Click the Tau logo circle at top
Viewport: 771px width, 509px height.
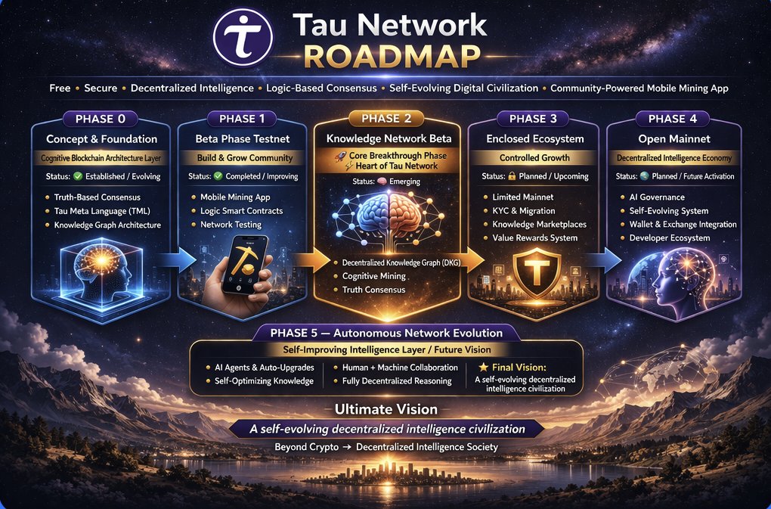point(243,37)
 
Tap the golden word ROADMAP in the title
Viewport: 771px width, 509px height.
point(392,57)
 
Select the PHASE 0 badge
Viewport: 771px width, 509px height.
point(101,119)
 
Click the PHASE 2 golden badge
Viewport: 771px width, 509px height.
point(386,118)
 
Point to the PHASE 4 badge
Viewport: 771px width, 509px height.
point(673,119)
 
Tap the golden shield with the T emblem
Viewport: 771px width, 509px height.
point(537,272)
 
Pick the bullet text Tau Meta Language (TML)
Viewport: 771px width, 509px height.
point(102,211)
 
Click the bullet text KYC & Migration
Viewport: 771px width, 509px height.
point(524,210)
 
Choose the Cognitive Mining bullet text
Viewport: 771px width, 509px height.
point(373,276)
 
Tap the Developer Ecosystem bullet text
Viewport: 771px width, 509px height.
point(670,238)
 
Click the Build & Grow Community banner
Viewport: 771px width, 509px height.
point(245,158)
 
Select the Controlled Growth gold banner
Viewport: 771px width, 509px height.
point(534,158)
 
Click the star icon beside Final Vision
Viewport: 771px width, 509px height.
point(483,367)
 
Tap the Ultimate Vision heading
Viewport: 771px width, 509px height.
point(386,409)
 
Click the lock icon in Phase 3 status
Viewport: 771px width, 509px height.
point(512,176)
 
